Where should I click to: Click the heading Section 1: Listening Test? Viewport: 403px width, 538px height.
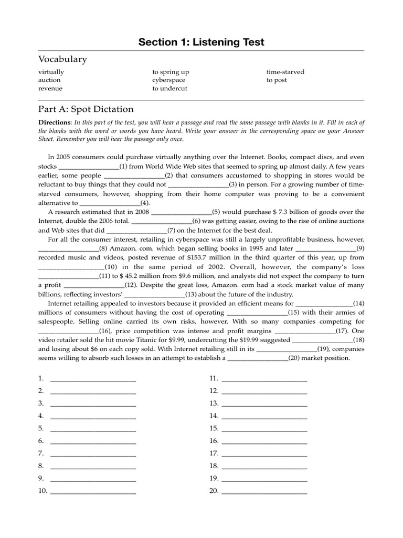(x=201, y=42)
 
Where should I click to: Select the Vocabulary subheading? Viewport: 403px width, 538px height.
(x=62, y=59)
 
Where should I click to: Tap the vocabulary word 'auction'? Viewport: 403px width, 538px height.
(x=49, y=80)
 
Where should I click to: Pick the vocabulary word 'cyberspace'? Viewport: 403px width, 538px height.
(x=169, y=80)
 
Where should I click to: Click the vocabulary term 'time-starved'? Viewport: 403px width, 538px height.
(x=285, y=71)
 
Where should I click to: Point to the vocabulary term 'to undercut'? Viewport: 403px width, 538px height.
(x=170, y=88)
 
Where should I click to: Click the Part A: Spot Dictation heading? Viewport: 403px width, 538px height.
(x=86, y=109)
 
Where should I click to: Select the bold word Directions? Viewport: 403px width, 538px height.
(x=55, y=122)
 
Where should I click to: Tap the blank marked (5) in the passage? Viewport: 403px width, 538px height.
(x=181, y=212)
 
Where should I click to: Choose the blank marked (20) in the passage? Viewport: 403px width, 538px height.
(x=257, y=358)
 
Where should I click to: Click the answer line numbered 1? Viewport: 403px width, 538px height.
(x=93, y=379)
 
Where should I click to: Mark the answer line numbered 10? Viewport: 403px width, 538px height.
(x=93, y=491)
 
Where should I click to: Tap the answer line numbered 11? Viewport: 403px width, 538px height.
(x=264, y=379)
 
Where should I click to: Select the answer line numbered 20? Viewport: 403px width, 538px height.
(x=264, y=491)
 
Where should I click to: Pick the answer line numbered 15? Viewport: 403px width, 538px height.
(x=264, y=429)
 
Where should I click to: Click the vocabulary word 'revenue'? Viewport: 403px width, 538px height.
(x=50, y=88)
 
